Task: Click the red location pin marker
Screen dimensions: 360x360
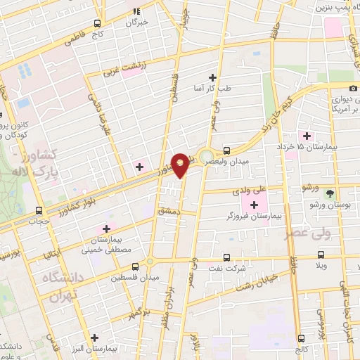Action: pyautogui.click(x=181, y=165)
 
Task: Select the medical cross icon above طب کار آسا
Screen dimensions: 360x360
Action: pyautogui.click(x=212, y=78)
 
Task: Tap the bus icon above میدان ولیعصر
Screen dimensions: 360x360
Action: pyautogui.click(x=227, y=150)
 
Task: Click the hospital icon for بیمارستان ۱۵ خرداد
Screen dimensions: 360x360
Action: pyautogui.click(x=306, y=135)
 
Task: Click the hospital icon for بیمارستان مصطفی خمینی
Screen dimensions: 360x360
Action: pyautogui.click(x=106, y=229)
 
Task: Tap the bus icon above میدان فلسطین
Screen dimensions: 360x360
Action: pyautogui.click(x=136, y=266)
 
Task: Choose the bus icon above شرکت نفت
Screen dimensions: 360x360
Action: pyautogui.click(x=227, y=257)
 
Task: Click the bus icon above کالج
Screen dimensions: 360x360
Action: pyautogui.click(x=301, y=337)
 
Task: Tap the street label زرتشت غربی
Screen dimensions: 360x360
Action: pyautogui.click(x=120, y=67)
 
